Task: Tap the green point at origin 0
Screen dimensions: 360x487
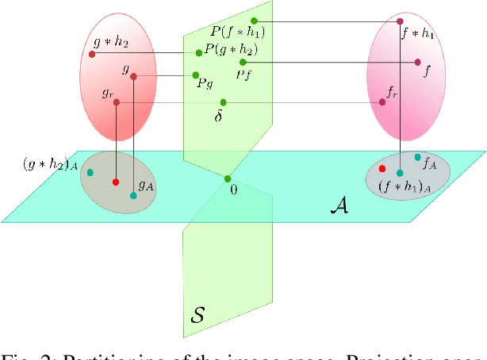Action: [x=228, y=178]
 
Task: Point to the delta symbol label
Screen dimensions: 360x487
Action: [x=219, y=116]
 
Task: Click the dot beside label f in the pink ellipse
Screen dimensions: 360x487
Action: [x=417, y=61]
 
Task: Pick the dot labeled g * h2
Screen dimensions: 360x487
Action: [x=92, y=54]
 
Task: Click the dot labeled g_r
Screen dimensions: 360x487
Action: [x=116, y=102]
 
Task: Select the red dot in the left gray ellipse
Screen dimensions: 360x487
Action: [x=116, y=182]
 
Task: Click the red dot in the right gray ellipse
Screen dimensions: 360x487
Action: [x=382, y=169]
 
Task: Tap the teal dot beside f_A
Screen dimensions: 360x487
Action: [x=417, y=157]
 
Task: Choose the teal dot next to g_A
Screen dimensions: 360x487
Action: [x=133, y=195]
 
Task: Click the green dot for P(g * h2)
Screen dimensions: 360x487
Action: [x=199, y=53]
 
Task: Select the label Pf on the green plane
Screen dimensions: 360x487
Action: [x=245, y=74]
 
